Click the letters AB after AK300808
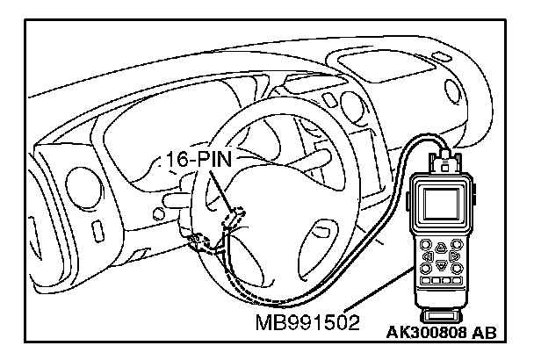tap(484, 333)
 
